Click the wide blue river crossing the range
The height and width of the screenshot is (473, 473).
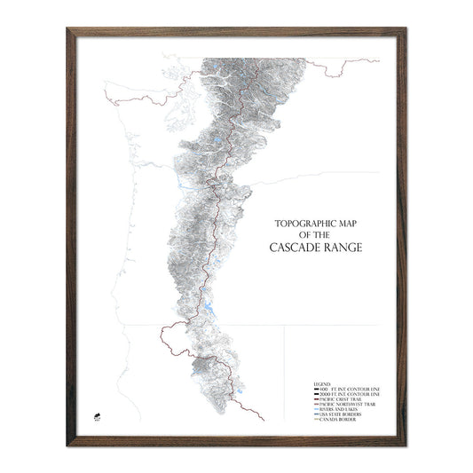(191, 185)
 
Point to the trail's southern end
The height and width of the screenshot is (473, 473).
(263, 418)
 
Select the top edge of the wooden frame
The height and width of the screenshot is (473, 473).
(236, 33)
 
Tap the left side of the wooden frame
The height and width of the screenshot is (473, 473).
(69, 236)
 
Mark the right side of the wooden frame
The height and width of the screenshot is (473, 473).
(403, 236)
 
